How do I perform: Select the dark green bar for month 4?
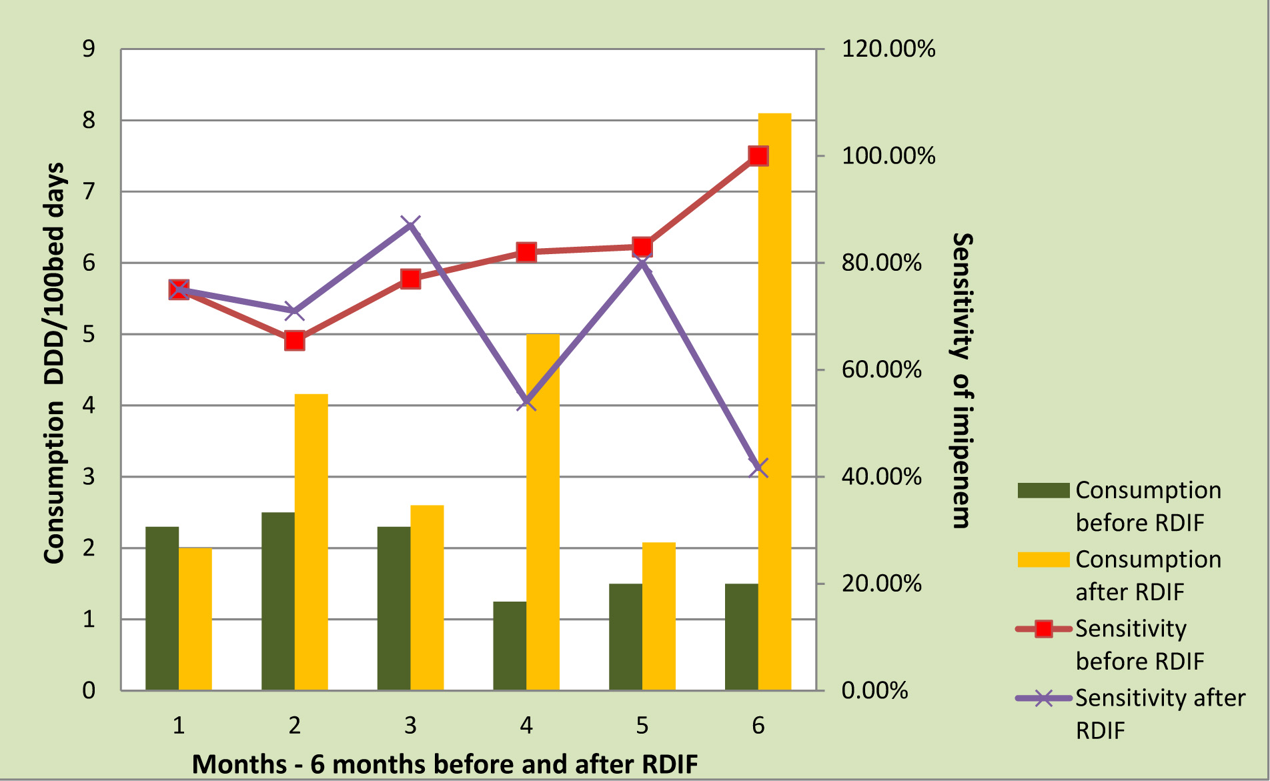510,646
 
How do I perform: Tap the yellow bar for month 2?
311,542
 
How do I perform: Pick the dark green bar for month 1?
162,608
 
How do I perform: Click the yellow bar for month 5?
658,616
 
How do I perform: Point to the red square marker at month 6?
758,156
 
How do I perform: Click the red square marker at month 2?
294,341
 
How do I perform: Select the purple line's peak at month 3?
410,225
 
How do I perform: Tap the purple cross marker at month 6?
758,468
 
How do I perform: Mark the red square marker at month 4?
526,252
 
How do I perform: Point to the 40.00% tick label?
881,477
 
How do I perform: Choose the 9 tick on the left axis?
89,49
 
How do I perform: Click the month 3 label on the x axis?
410,726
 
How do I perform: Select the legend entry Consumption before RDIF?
1147,506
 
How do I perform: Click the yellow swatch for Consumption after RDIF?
1043,560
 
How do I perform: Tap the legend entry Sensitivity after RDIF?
1159,714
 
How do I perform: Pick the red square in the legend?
1044,629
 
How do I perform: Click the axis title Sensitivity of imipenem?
961,380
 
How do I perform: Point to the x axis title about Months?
445,764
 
